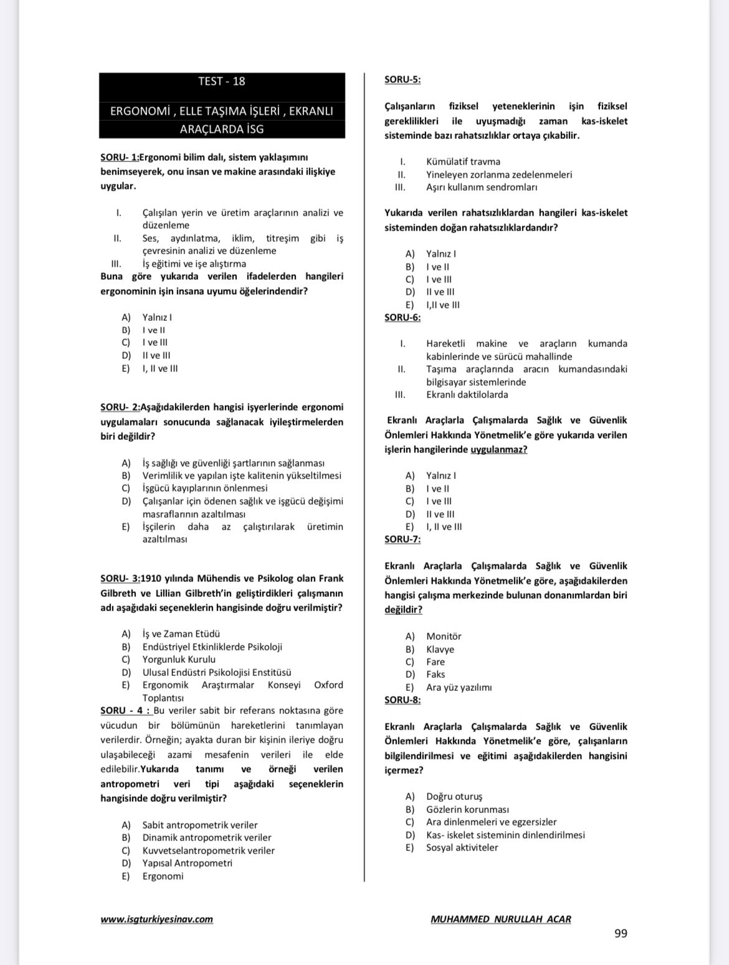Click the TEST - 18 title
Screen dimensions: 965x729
(221, 81)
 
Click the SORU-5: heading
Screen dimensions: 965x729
(402, 80)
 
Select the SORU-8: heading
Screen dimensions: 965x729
(402, 700)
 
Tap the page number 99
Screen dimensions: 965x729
(621, 933)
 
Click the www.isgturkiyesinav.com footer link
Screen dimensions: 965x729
(156, 919)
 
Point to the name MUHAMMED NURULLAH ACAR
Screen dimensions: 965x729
(500, 919)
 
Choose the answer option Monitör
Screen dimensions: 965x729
(444, 636)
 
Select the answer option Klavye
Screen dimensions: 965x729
(440, 649)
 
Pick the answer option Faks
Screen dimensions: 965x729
(436, 674)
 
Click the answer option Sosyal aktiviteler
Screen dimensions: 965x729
(462, 847)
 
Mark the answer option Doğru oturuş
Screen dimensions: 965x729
(454, 796)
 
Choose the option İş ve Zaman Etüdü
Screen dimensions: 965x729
(181, 634)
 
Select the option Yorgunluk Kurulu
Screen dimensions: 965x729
(179, 659)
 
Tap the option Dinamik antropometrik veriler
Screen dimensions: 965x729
(207, 837)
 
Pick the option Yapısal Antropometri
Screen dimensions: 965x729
(187, 863)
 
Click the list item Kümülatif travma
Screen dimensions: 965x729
(463, 161)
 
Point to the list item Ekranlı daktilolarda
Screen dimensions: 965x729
(467, 394)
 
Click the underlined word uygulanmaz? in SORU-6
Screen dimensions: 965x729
(498, 450)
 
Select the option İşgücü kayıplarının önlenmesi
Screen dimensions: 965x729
(205, 488)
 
